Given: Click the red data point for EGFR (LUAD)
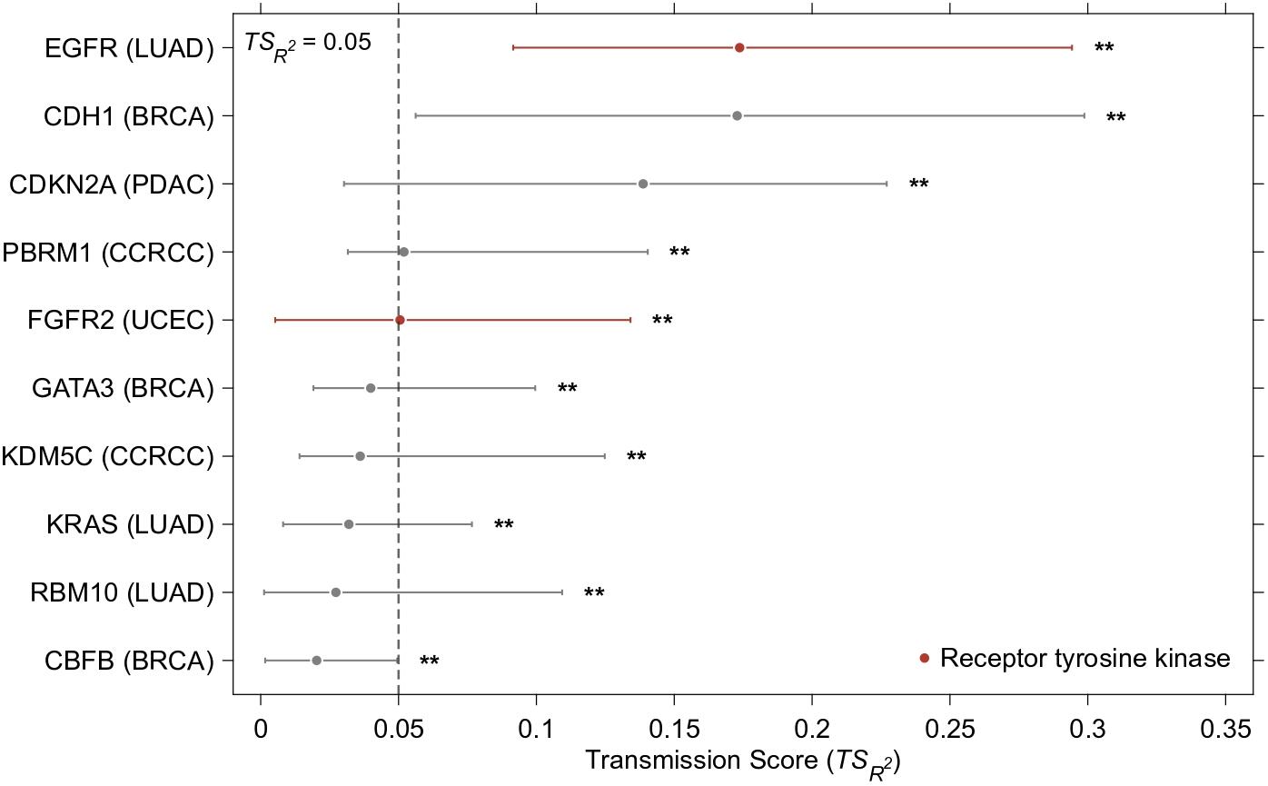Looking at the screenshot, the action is (x=739, y=47).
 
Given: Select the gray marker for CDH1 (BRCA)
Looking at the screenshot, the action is (x=737, y=115).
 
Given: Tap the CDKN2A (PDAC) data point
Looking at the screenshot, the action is (x=643, y=184).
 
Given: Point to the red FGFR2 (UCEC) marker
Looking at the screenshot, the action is (x=400, y=320).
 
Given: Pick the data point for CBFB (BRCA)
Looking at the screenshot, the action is (x=316, y=661).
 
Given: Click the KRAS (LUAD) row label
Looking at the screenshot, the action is (x=130, y=524).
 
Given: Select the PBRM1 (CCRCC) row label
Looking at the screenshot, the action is (x=108, y=253).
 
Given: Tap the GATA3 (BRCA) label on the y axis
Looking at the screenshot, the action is (x=123, y=389).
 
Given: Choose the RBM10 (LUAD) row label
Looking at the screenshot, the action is (x=123, y=592).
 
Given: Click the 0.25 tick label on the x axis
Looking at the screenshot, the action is (x=950, y=730).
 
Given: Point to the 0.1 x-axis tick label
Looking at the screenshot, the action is (x=536, y=730).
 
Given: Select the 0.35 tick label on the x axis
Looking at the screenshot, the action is (x=1225, y=730).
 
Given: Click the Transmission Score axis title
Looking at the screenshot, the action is (x=743, y=762).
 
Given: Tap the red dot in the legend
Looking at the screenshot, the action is (x=925, y=658).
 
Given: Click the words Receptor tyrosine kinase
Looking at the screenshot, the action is (x=1085, y=659).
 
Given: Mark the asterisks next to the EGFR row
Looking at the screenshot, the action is (x=1104, y=46).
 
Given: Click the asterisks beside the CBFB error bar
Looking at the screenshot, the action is (x=429, y=661).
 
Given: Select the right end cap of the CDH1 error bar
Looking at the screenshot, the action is (x=1085, y=115).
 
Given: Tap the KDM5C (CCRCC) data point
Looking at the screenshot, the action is (x=360, y=456).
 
